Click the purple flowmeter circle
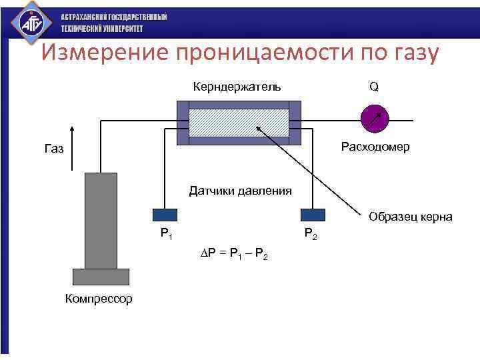(373, 118)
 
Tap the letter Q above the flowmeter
(374, 87)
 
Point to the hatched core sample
(239, 122)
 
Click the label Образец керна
(410, 217)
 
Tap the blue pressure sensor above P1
(165, 214)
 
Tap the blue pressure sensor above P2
(313, 214)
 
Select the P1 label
(166, 233)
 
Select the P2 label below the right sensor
(311, 233)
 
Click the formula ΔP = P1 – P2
(235, 254)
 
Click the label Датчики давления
(240, 191)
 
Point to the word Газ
(54, 149)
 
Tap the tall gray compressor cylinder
(101, 220)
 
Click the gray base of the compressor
(100, 276)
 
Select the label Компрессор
(99, 298)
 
